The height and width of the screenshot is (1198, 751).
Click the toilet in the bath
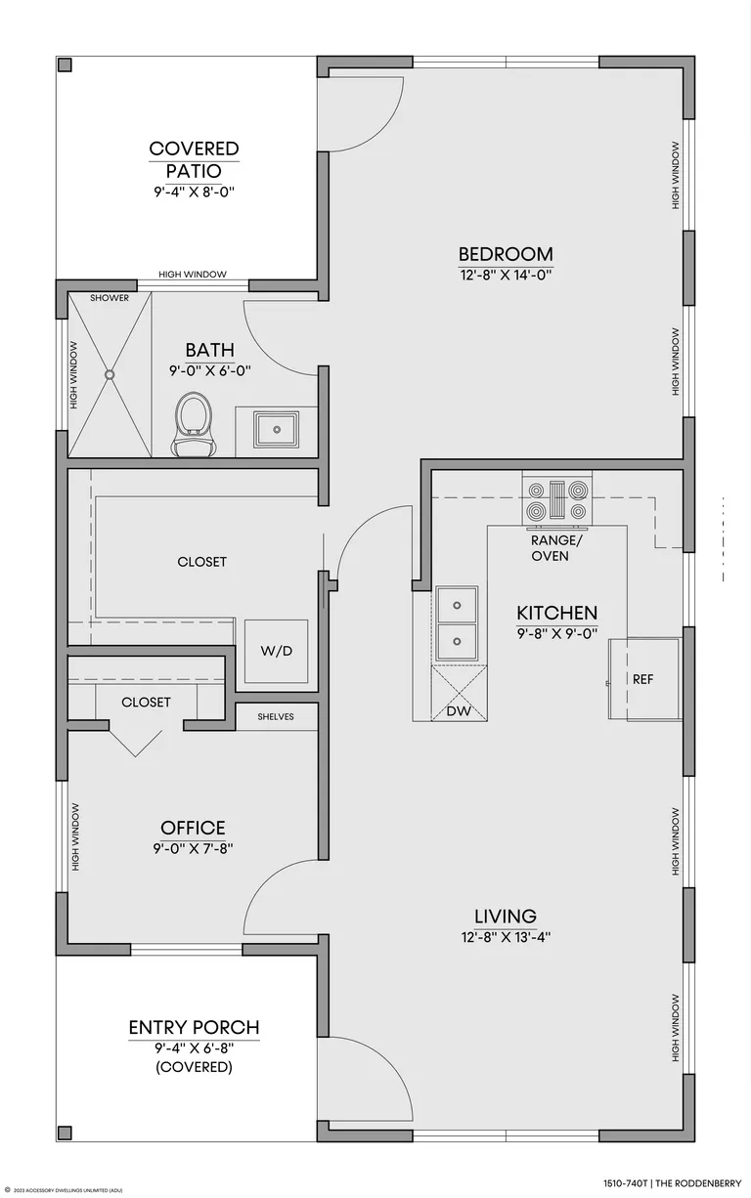194,425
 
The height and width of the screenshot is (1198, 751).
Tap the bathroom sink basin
276,429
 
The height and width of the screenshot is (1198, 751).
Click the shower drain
110,375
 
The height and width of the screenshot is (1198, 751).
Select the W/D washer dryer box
276,651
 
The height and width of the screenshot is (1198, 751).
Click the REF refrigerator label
642,679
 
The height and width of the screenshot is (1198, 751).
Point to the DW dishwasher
460,693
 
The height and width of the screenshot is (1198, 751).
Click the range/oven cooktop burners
557,499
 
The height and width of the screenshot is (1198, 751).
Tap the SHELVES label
276,716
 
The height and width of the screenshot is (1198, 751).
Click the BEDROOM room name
506,254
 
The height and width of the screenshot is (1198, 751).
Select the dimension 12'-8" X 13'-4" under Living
506,937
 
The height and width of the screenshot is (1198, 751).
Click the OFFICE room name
193,828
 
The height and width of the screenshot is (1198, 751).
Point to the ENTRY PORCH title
194,1027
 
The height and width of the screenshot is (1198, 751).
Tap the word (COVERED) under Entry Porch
194,1067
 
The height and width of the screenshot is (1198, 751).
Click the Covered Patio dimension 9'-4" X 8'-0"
195,192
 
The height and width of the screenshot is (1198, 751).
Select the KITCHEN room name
556,613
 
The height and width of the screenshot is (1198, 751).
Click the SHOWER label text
110,298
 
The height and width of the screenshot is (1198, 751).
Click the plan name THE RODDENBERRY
698,1183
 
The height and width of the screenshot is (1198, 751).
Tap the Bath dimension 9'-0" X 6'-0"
210,370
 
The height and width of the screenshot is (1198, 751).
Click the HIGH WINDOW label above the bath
193,275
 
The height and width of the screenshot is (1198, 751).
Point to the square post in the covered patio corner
65,65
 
